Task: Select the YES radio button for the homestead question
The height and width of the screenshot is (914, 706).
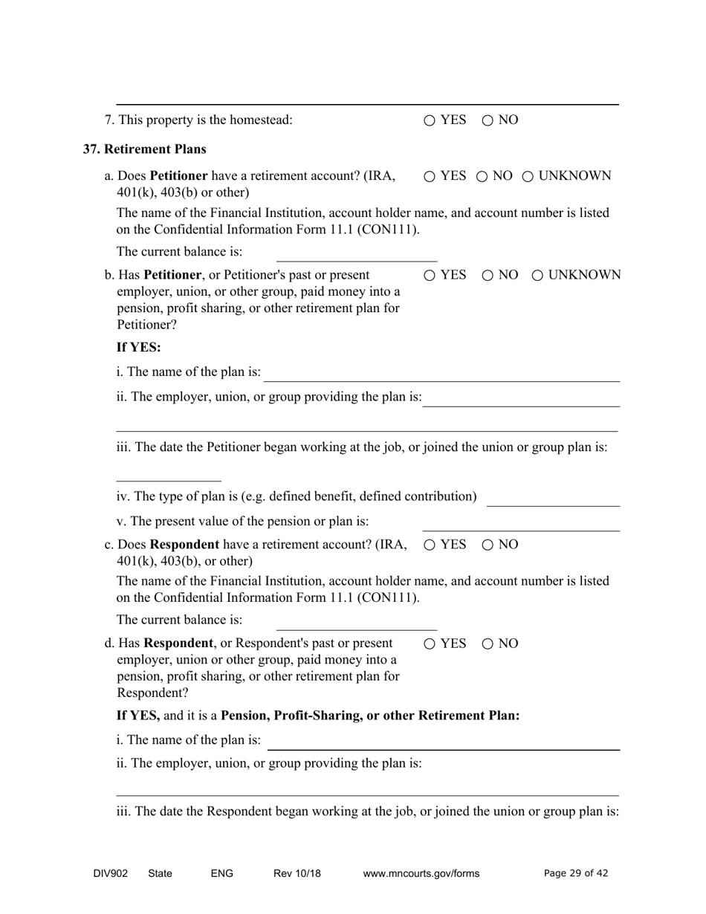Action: pyautogui.click(x=430, y=120)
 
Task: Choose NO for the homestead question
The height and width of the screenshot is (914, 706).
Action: pyautogui.click(x=488, y=120)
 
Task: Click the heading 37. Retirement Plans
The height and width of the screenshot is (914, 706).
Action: pyautogui.click(x=144, y=149)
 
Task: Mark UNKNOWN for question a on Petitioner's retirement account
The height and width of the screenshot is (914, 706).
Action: pyautogui.click(x=528, y=176)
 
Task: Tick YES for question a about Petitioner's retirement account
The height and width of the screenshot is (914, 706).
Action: pyautogui.click(x=430, y=176)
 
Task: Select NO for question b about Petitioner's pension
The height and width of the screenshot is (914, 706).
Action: pyautogui.click(x=488, y=276)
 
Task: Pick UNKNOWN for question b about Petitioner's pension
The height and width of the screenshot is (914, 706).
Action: pyautogui.click(x=538, y=276)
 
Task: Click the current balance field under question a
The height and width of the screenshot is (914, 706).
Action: pyautogui.click(x=356, y=253)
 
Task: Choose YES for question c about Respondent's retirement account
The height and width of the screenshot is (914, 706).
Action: pyautogui.click(x=430, y=545)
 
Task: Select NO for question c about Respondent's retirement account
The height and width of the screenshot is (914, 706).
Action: pyautogui.click(x=488, y=545)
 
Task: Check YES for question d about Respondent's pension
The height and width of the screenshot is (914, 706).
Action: pyautogui.click(x=430, y=644)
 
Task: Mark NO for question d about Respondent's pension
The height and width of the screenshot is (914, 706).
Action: pyautogui.click(x=488, y=644)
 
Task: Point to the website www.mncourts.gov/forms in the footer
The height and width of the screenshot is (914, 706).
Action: pyautogui.click(x=421, y=874)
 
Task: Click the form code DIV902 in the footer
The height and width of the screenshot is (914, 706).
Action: pyautogui.click(x=111, y=874)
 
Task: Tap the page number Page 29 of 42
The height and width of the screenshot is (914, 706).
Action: pyautogui.click(x=576, y=874)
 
